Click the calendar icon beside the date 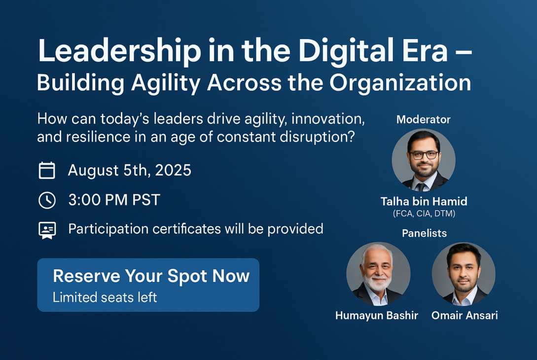(47, 170)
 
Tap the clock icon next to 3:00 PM (47, 200)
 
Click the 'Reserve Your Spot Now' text (151, 276)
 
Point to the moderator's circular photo (424, 160)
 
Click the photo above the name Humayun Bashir (378, 274)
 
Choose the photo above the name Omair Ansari (464, 274)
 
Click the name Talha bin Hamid (424, 201)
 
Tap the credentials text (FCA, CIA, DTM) (424, 214)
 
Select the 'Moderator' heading (423, 119)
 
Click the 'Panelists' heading (425, 233)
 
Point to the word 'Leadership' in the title (119, 51)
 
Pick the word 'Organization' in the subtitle (400, 83)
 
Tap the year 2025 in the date (173, 170)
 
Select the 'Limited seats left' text (105, 297)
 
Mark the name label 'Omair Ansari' (465, 315)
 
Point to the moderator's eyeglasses (424, 155)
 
